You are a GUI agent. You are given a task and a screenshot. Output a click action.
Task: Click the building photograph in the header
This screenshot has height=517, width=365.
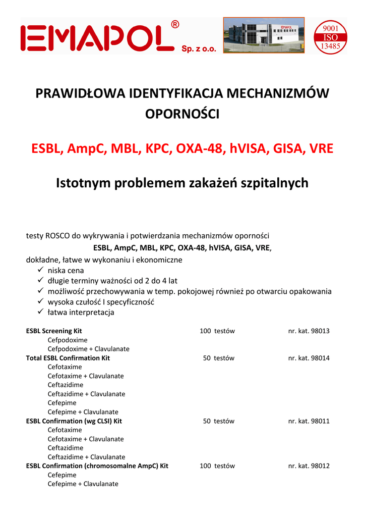coord(264,35)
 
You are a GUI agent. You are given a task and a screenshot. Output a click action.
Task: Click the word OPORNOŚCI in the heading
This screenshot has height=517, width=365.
coord(182,114)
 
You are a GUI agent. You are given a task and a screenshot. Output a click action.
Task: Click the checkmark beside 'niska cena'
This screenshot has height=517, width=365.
coord(41,271)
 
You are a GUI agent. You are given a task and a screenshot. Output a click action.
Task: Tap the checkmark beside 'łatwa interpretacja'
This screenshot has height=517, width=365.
coord(41,313)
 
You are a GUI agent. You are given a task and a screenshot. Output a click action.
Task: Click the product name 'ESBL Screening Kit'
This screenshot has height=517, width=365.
coord(54,331)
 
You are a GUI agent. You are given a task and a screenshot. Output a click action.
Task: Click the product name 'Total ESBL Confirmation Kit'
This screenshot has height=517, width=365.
coord(68,358)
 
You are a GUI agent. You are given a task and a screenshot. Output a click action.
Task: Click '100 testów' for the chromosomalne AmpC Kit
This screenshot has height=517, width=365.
coord(217,466)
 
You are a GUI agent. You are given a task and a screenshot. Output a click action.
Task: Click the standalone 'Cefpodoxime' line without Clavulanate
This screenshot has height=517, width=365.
coord(68,340)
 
